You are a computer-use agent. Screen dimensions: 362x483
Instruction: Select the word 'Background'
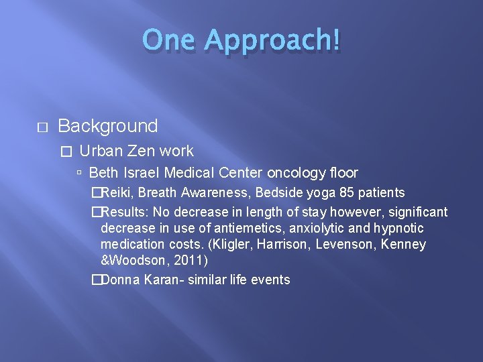(x=108, y=126)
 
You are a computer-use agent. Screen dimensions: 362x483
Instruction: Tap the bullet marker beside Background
(x=41, y=127)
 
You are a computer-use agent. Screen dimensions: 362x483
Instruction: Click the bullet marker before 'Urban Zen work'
(x=65, y=152)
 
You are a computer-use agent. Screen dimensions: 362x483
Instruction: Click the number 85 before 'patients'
(x=347, y=193)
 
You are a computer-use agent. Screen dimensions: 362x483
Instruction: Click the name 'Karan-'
(x=159, y=280)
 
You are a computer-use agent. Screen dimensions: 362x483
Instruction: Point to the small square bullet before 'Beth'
(x=80, y=173)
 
